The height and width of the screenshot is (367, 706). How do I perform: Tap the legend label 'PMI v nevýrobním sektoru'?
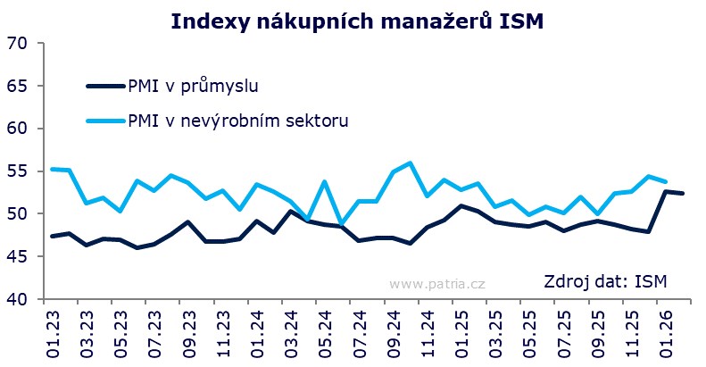(x=237, y=120)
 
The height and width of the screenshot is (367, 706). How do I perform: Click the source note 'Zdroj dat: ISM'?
(x=604, y=283)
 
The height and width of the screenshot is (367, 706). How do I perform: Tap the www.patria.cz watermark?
(x=437, y=284)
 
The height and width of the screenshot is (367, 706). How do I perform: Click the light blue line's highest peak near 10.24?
(x=410, y=163)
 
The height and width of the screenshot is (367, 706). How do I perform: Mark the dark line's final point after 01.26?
(x=683, y=194)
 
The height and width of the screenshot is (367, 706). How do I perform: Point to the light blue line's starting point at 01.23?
(x=52, y=169)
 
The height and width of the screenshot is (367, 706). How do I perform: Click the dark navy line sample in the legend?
(x=106, y=86)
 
